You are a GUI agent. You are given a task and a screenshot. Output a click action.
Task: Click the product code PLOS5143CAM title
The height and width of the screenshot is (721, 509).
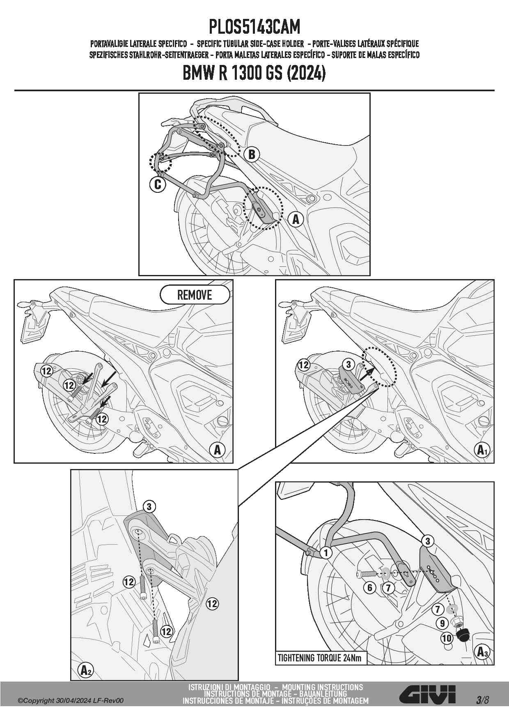[x=254, y=27]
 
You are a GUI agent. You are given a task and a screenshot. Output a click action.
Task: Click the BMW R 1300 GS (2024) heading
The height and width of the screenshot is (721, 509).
[x=254, y=74]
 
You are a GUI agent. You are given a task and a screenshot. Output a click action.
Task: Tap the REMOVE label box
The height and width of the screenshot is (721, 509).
[x=195, y=295]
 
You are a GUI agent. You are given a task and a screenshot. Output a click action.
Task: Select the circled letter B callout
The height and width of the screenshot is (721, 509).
[x=252, y=154]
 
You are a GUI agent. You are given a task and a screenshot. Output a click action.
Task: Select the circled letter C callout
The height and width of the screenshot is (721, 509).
[x=158, y=185]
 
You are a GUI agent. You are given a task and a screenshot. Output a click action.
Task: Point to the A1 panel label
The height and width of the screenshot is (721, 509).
[x=482, y=450]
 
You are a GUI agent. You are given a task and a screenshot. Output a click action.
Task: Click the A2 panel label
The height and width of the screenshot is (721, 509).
[x=85, y=670]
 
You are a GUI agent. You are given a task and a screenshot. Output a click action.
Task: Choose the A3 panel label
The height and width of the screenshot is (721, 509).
[x=482, y=652]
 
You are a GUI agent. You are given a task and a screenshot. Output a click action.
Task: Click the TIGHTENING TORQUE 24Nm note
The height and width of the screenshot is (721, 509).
[x=320, y=658]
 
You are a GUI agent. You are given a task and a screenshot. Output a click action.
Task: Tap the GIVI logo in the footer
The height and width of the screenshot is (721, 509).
[x=427, y=695]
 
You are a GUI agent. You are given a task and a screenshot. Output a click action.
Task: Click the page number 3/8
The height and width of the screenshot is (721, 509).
[x=483, y=700]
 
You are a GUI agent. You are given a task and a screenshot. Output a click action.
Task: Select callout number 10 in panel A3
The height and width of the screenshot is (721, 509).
[x=447, y=638]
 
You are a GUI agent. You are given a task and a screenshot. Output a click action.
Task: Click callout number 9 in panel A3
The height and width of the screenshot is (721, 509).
[x=443, y=623]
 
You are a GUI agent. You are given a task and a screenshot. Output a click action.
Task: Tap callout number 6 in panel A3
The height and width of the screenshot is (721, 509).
[x=370, y=587]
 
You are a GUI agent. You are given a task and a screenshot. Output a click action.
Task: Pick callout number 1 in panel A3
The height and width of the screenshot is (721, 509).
[x=326, y=552]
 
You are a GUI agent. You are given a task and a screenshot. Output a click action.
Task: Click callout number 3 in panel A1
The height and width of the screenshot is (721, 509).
[x=348, y=364]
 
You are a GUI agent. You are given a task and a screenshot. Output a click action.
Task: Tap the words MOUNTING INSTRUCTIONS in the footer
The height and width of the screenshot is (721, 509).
[x=323, y=687]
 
